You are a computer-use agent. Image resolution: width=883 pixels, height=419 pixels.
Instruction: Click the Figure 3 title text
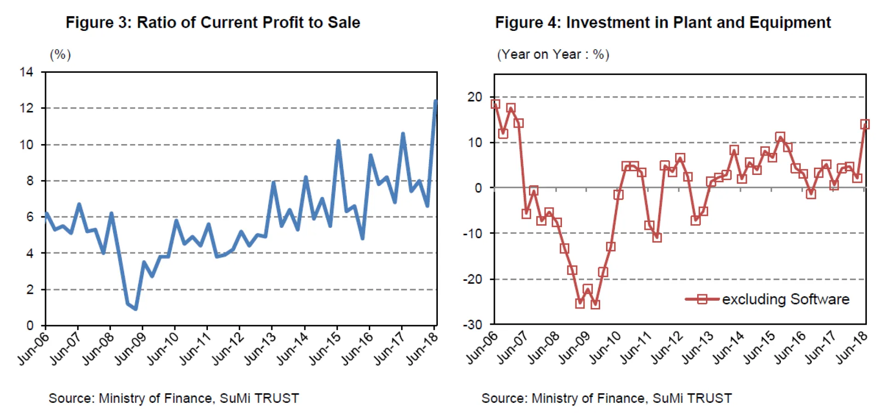(212, 22)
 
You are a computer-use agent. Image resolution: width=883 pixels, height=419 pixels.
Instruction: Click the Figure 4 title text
(663, 22)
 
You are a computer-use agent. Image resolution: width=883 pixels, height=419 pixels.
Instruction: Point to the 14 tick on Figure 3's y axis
(27, 72)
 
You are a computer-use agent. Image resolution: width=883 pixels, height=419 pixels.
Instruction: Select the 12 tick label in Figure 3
(27, 108)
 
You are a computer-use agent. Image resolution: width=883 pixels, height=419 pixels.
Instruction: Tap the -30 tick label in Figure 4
(472, 325)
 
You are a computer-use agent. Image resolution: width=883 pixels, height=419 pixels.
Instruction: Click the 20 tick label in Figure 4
(475, 97)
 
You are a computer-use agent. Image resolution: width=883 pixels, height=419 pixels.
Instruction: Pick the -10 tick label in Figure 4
(472, 233)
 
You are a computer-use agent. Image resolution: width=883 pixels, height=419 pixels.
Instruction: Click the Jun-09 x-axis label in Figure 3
(130, 349)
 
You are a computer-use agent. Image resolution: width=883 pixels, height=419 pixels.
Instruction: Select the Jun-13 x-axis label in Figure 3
(259, 349)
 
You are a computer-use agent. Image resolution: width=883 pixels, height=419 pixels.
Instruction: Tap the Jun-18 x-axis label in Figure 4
(851, 348)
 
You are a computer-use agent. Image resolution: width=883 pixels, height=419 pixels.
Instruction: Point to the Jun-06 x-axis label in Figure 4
(482, 348)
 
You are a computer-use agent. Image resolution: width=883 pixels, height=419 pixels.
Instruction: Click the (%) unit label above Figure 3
(60, 55)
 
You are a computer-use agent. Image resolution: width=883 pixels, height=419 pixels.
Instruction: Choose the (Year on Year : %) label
(553, 54)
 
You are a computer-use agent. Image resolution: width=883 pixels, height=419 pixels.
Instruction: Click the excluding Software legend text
(786, 299)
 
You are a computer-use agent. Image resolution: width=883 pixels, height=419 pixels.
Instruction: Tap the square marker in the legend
(702, 299)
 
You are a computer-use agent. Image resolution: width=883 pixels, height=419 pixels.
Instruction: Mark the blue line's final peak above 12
(435, 101)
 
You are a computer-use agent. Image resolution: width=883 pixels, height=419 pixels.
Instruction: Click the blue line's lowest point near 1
(136, 309)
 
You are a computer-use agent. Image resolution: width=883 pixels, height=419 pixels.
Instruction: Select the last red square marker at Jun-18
(865, 124)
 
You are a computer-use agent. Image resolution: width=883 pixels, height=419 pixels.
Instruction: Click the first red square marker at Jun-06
(495, 104)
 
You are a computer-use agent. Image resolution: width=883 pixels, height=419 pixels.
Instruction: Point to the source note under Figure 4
(606, 398)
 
